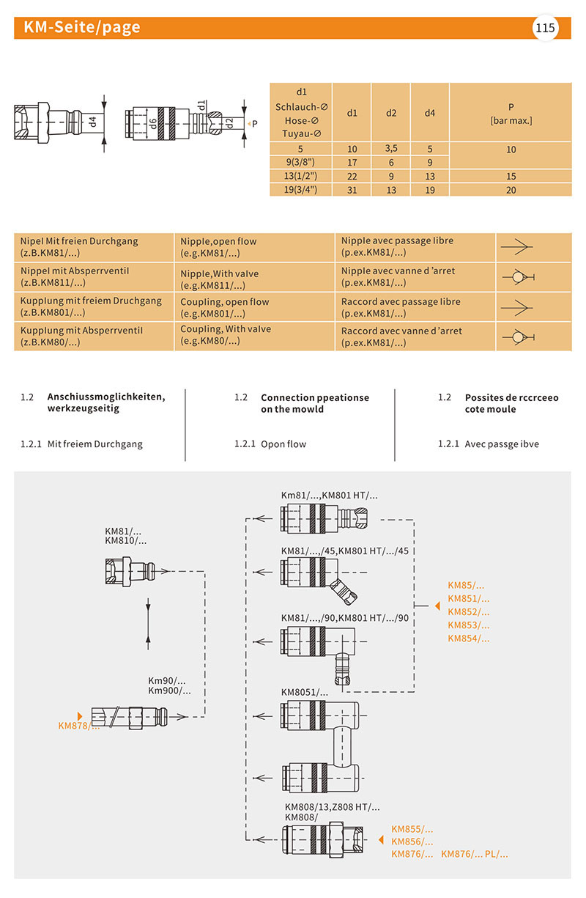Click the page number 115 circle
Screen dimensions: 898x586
(x=545, y=29)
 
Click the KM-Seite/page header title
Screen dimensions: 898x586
(x=81, y=28)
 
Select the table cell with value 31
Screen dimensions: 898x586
(x=352, y=190)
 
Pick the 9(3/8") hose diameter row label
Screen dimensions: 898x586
(x=300, y=163)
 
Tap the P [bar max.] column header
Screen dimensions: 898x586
(x=511, y=113)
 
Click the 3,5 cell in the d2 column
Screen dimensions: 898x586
(x=391, y=149)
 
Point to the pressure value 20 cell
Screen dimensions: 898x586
(x=511, y=190)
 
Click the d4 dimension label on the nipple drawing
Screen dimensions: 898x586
(x=92, y=122)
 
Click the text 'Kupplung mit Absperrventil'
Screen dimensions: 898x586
(x=81, y=331)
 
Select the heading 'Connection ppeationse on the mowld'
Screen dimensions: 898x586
(x=315, y=403)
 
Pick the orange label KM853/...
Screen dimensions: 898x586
(x=468, y=625)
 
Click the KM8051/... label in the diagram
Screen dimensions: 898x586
(x=305, y=692)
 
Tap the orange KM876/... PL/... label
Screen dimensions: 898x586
(x=474, y=854)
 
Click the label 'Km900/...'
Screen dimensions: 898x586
(x=169, y=691)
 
